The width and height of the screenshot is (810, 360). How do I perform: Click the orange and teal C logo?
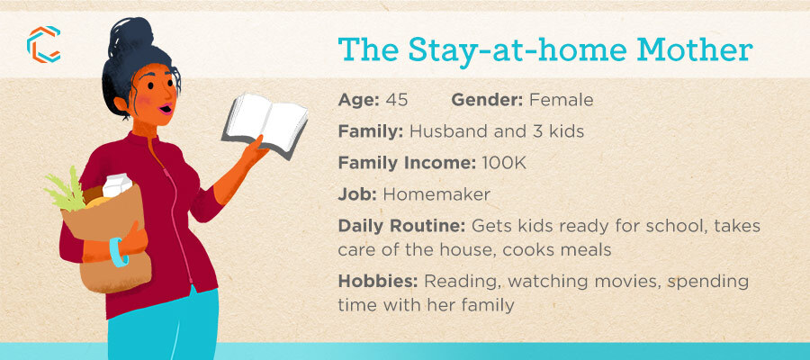[x=43, y=44]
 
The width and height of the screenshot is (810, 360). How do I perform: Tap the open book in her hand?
[x=265, y=124]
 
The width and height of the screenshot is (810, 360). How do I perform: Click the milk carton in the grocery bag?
[x=117, y=184]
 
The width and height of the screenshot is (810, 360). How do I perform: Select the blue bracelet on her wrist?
[x=118, y=252]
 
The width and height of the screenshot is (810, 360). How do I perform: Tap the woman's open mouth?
[x=166, y=110]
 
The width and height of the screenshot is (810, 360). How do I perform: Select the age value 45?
[x=397, y=100]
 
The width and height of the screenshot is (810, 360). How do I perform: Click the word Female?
[x=561, y=100]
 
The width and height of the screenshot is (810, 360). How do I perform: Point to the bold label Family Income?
[x=407, y=163]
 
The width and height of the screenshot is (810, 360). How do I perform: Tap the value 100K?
[x=504, y=163]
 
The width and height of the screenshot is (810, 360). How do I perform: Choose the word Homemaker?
[x=436, y=194]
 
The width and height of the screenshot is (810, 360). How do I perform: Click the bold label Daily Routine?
[x=402, y=227]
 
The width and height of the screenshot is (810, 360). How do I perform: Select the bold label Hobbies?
[x=379, y=282]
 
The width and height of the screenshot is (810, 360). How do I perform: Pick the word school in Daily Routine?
[x=669, y=227]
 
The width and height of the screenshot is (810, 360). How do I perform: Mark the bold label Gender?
[x=488, y=100]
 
